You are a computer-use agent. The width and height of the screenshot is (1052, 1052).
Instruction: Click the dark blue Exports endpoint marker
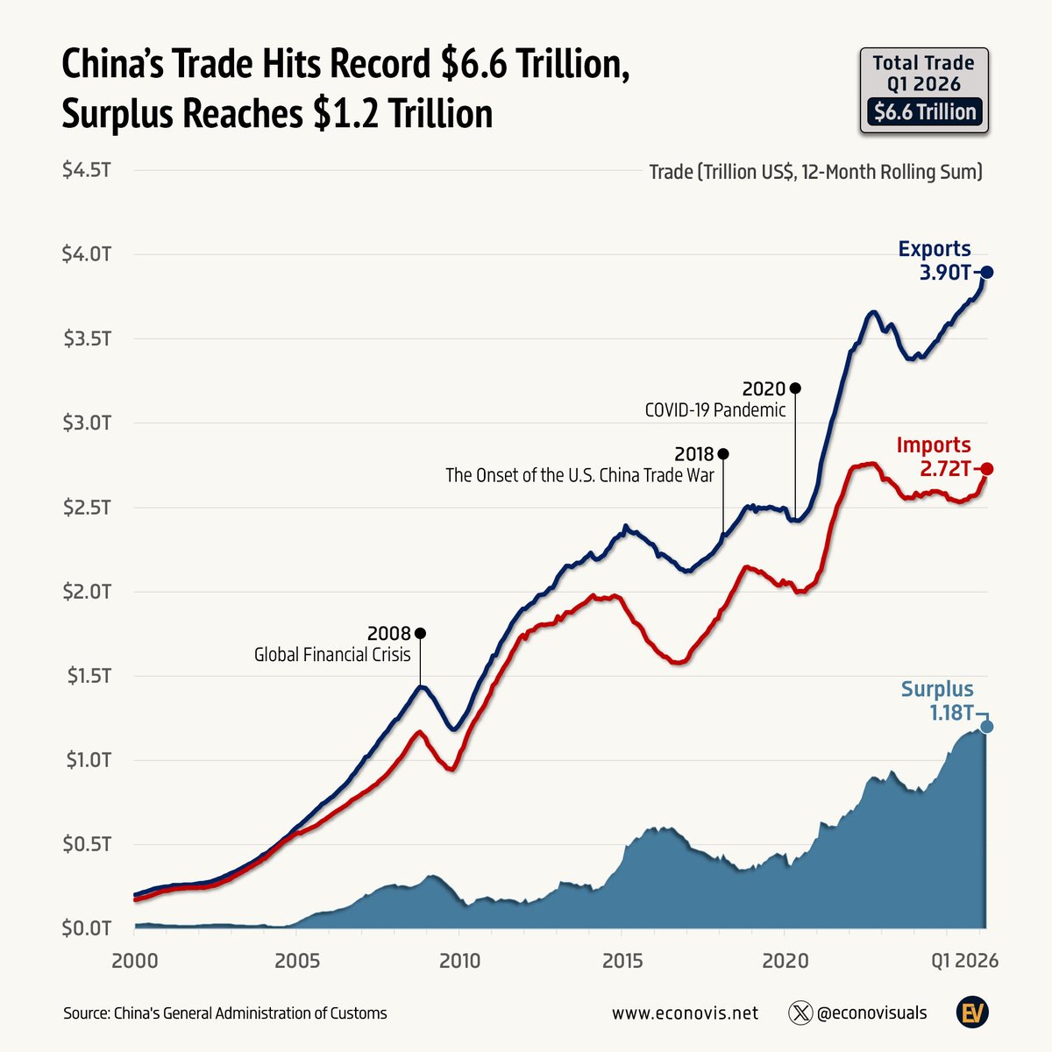pos(987,273)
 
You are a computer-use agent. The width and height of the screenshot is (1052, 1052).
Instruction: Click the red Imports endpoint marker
pos(987,469)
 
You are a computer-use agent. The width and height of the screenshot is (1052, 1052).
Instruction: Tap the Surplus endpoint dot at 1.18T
pos(987,726)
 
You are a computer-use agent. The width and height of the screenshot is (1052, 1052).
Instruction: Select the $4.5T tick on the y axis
pos(86,170)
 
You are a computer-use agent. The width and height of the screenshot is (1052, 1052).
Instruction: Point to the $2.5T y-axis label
pos(86,508)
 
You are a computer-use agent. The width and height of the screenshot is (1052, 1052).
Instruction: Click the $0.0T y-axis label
pos(86,928)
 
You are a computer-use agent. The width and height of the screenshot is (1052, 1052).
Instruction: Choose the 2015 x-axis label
pos(622,960)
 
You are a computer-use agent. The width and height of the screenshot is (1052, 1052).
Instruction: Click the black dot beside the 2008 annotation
pos(420,633)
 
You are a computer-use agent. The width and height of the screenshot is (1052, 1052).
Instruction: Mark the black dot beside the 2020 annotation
pos(795,387)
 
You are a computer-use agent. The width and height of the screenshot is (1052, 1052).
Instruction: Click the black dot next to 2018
pos(723,454)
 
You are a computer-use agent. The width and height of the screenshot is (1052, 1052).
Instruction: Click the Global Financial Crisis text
pos(332,655)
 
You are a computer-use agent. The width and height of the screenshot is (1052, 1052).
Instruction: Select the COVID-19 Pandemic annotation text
pos(715,409)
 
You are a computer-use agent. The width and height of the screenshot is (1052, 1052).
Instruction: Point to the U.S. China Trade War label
pos(579,475)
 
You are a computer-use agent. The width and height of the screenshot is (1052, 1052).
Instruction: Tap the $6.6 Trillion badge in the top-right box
pos(924,112)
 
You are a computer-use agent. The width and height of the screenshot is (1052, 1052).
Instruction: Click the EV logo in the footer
pos(972,1013)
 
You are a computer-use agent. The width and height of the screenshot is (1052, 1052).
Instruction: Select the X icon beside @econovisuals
pos(800,1013)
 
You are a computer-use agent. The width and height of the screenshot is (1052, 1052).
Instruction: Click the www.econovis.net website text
pos(685,1013)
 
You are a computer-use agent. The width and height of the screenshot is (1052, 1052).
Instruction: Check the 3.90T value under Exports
pos(944,273)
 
